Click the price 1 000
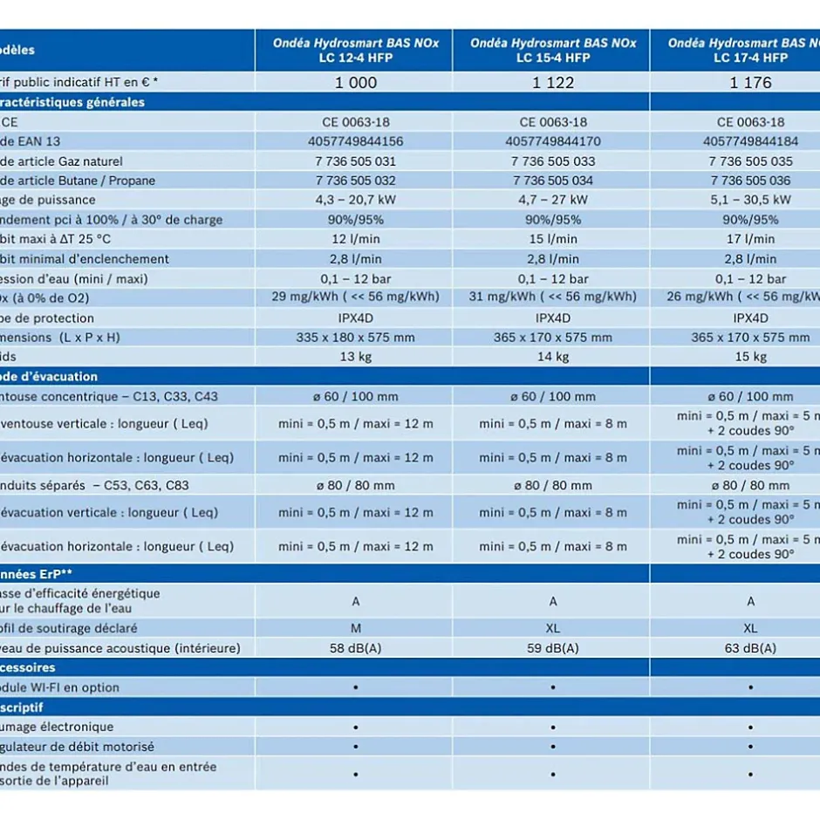(356, 83)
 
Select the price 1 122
(553, 83)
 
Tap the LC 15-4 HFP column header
(553, 51)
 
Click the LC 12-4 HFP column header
(356, 51)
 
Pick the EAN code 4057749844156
(356, 141)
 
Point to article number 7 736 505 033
(553, 161)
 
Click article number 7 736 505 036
(750, 181)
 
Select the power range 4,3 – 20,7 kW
(356, 200)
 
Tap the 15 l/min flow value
(553, 239)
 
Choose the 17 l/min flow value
(750, 239)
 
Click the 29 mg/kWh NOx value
(356, 297)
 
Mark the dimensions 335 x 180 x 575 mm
(356, 338)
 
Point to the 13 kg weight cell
(356, 357)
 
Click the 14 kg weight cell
(553, 357)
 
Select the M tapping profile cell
(356, 628)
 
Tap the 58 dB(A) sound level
(356, 648)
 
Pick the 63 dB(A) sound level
(750, 648)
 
